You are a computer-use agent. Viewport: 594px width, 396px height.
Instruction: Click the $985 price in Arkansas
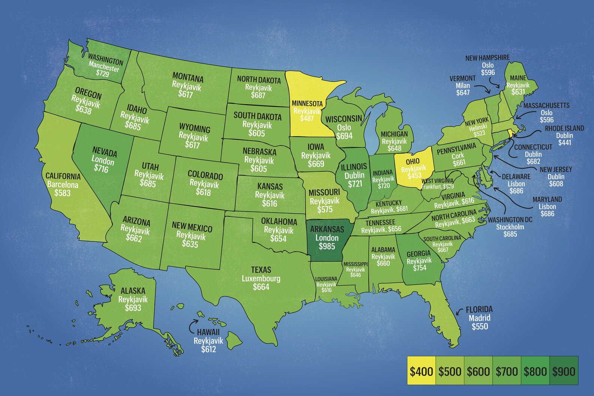[x=327, y=246]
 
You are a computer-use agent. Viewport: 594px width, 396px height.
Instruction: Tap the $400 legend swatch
[x=421, y=371]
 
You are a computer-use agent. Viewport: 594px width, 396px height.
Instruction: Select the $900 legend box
[x=564, y=371]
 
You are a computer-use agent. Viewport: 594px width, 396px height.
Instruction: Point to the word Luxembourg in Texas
[x=261, y=278]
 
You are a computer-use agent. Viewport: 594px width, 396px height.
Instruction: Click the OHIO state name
[x=412, y=161]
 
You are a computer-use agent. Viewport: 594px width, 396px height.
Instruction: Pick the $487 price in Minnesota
[x=307, y=118]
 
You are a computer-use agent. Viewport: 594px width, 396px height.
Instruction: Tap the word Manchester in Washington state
[x=104, y=66]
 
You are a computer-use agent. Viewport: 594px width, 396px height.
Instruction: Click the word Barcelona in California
[x=63, y=184]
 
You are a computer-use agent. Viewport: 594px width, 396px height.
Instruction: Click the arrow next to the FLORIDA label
[x=459, y=311]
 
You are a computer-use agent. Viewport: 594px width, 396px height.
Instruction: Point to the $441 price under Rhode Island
[x=564, y=142]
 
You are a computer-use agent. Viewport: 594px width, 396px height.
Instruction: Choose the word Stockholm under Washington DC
[x=510, y=227]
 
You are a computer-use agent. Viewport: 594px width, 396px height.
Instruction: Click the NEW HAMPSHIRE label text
[x=487, y=58]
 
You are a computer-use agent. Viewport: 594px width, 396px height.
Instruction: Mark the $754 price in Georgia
[x=420, y=268]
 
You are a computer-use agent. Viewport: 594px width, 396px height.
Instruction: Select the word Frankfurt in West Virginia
[x=431, y=186]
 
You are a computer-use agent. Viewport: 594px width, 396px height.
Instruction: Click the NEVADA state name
[x=105, y=152]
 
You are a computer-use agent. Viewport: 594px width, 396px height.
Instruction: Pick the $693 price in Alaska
[x=133, y=308]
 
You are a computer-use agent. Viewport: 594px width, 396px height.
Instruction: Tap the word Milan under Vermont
[x=463, y=85]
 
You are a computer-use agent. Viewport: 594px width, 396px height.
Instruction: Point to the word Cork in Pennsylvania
[x=457, y=156]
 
